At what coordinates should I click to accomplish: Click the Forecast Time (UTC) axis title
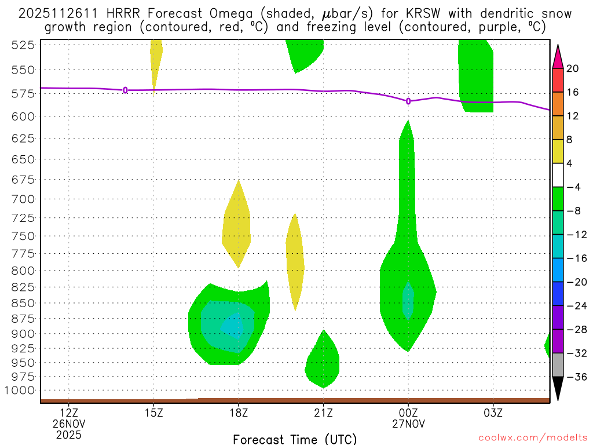point(295,439)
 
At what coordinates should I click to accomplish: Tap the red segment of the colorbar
point(558,81)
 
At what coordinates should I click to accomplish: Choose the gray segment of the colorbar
point(558,364)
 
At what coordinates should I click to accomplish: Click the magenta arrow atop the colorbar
point(558,56)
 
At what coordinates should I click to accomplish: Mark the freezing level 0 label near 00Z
point(408,101)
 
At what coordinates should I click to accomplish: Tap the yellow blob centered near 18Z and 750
point(237,226)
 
